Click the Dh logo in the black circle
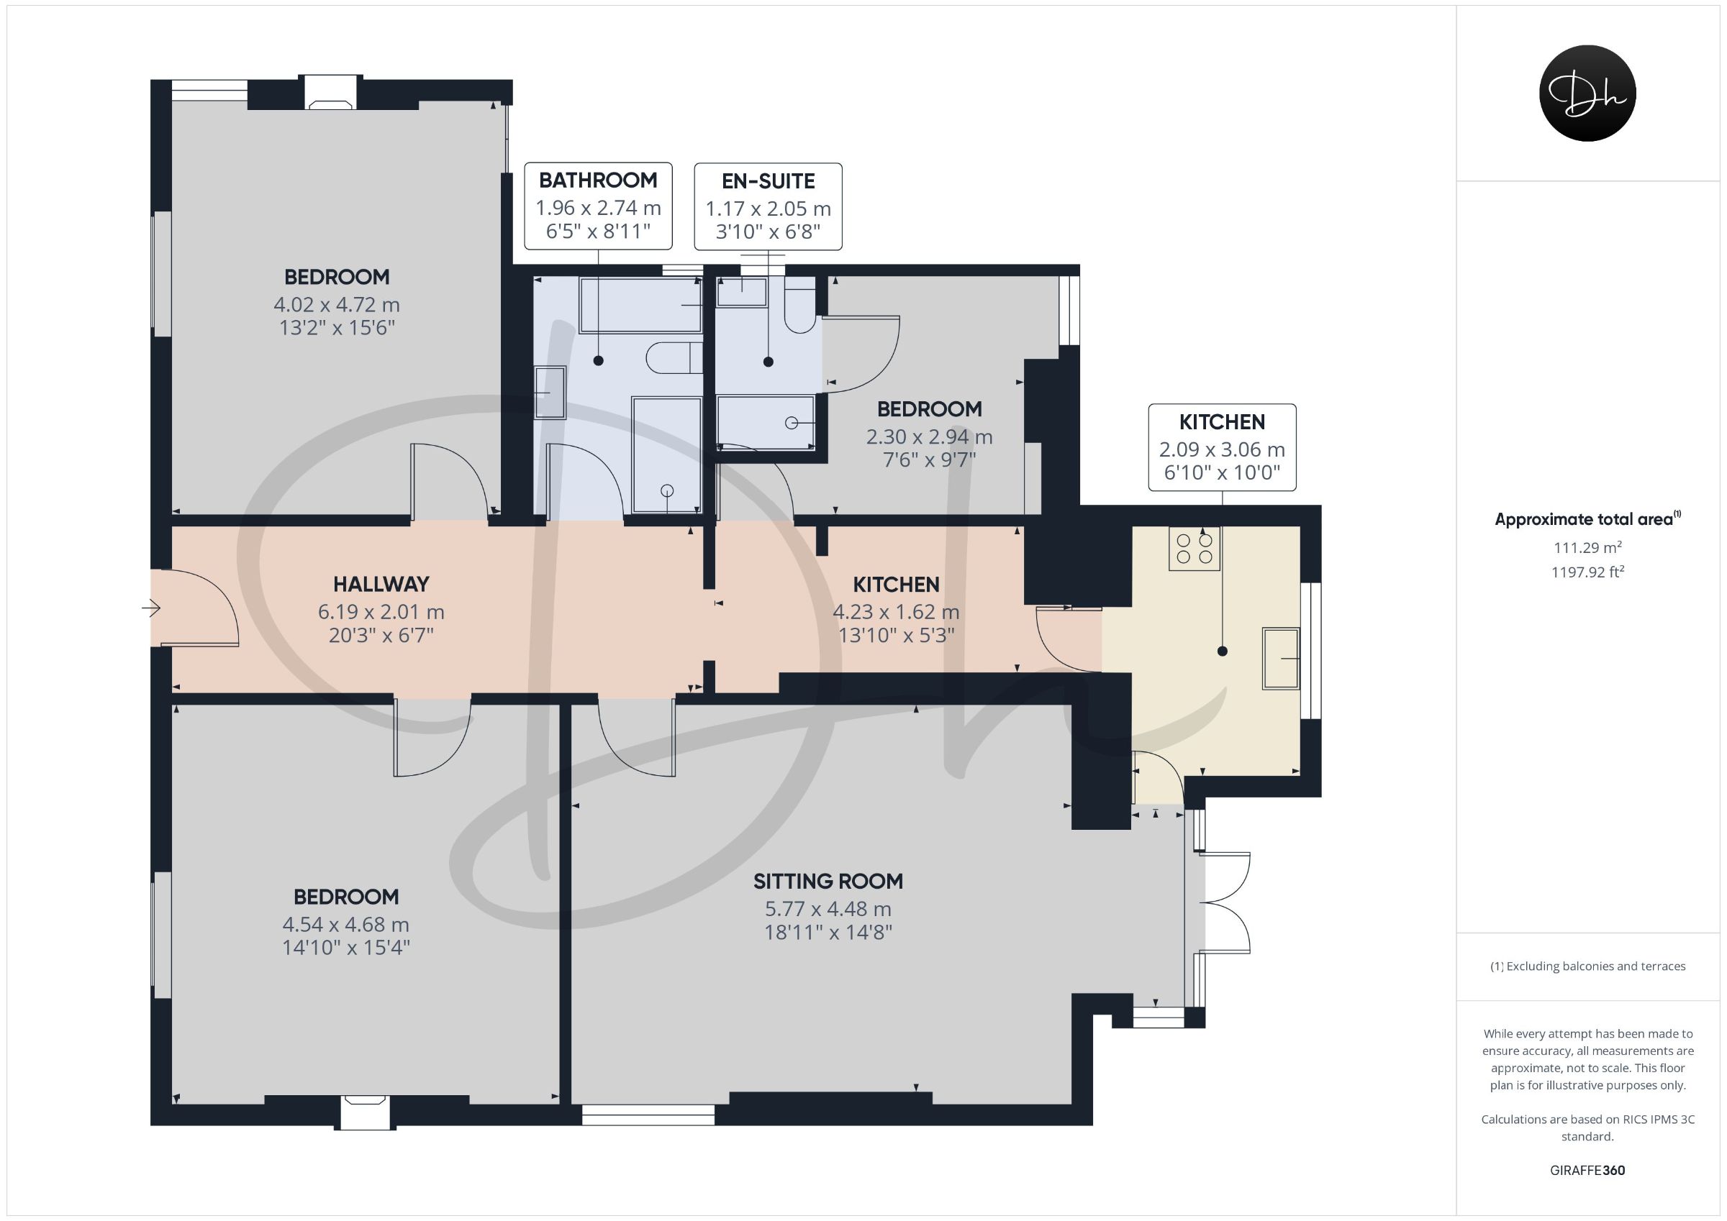click(1587, 93)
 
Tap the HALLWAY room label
click(381, 584)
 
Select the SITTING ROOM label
click(828, 881)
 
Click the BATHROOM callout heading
click(598, 180)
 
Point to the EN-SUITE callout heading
click(768, 181)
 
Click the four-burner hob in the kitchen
click(1195, 549)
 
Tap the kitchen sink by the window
click(1281, 659)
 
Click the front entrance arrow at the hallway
click(151, 608)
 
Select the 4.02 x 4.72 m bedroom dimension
click(337, 305)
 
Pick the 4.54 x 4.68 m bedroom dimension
click(346, 925)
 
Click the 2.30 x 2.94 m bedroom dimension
click(930, 436)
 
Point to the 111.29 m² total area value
click(1588, 548)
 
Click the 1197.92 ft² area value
click(1588, 572)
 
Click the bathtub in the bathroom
click(641, 304)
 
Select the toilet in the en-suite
click(800, 304)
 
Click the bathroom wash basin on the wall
click(550, 393)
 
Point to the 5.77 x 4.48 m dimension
click(828, 909)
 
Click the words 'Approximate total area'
click(1583, 519)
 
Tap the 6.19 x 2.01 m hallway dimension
click(381, 612)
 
